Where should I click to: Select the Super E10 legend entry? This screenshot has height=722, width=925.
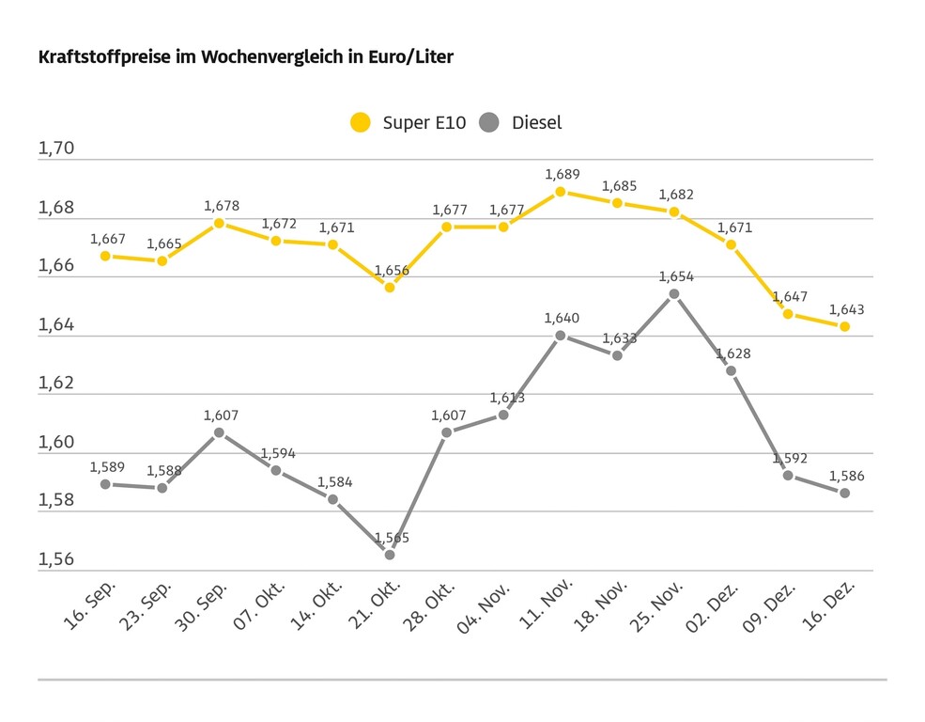tap(408, 122)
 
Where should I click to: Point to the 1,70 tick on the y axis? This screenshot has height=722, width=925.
tap(55, 149)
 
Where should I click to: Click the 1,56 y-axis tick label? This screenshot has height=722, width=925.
tap(55, 559)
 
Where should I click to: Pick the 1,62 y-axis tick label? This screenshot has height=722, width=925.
tap(55, 384)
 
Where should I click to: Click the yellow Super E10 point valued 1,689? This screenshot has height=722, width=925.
tap(561, 192)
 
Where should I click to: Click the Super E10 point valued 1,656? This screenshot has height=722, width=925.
tap(390, 287)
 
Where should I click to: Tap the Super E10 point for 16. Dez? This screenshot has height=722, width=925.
tap(844, 326)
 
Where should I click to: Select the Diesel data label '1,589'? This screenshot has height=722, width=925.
tap(107, 466)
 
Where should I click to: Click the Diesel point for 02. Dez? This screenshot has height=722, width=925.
tap(731, 370)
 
